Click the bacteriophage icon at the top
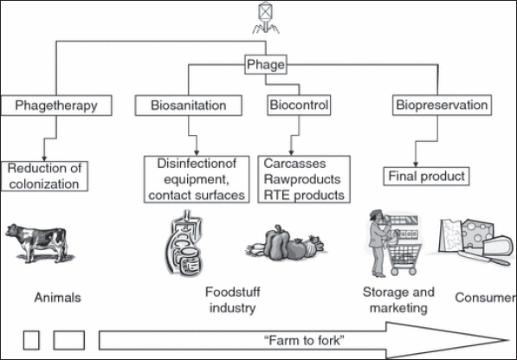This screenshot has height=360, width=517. pyautogui.click(x=266, y=17)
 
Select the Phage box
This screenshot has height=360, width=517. pyautogui.click(x=266, y=65)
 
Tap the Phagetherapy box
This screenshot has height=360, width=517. pyautogui.click(x=56, y=106)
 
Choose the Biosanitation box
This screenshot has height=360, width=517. pyautogui.click(x=189, y=106)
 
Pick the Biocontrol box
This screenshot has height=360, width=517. pyautogui.click(x=299, y=105)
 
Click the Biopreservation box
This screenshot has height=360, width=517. pyautogui.click(x=442, y=105)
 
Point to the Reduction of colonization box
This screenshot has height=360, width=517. pyautogui.click(x=44, y=177)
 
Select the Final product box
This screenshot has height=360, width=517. pyautogui.click(x=426, y=177)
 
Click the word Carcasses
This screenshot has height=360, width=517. pyautogui.click(x=294, y=164)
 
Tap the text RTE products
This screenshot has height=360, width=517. pyautogui.click(x=304, y=195)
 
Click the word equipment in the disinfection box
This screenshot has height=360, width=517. pyautogui.click(x=197, y=179)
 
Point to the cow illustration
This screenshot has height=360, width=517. pyautogui.click(x=39, y=243)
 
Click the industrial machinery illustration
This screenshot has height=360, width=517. pyautogui.click(x=184, y=243)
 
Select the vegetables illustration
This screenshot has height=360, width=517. pyautogui.click(x=286, y=243)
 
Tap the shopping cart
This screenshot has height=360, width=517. pyautogui.click(x=405, y=258)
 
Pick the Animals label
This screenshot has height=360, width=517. pyautogui.click(x=58, y=298)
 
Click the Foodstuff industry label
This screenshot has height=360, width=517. pyautogui.click(x=232, y=300)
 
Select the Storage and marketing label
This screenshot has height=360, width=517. pyautogui.click(x=398, y=300)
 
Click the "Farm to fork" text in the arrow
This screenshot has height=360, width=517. pyautogui.click(x=304, y=340)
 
